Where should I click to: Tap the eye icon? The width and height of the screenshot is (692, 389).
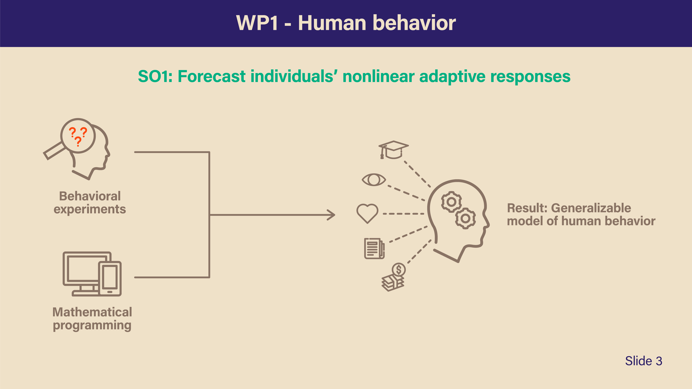[374, 180]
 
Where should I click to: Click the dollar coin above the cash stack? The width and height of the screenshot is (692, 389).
[399, 269]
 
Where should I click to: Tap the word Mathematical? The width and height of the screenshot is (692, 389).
[92, 312]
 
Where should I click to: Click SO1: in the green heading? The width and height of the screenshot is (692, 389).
[155, 76]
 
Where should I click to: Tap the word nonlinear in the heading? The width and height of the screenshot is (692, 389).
[378, 76]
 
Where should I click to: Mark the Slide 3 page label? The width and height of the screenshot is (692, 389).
[644, 361]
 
